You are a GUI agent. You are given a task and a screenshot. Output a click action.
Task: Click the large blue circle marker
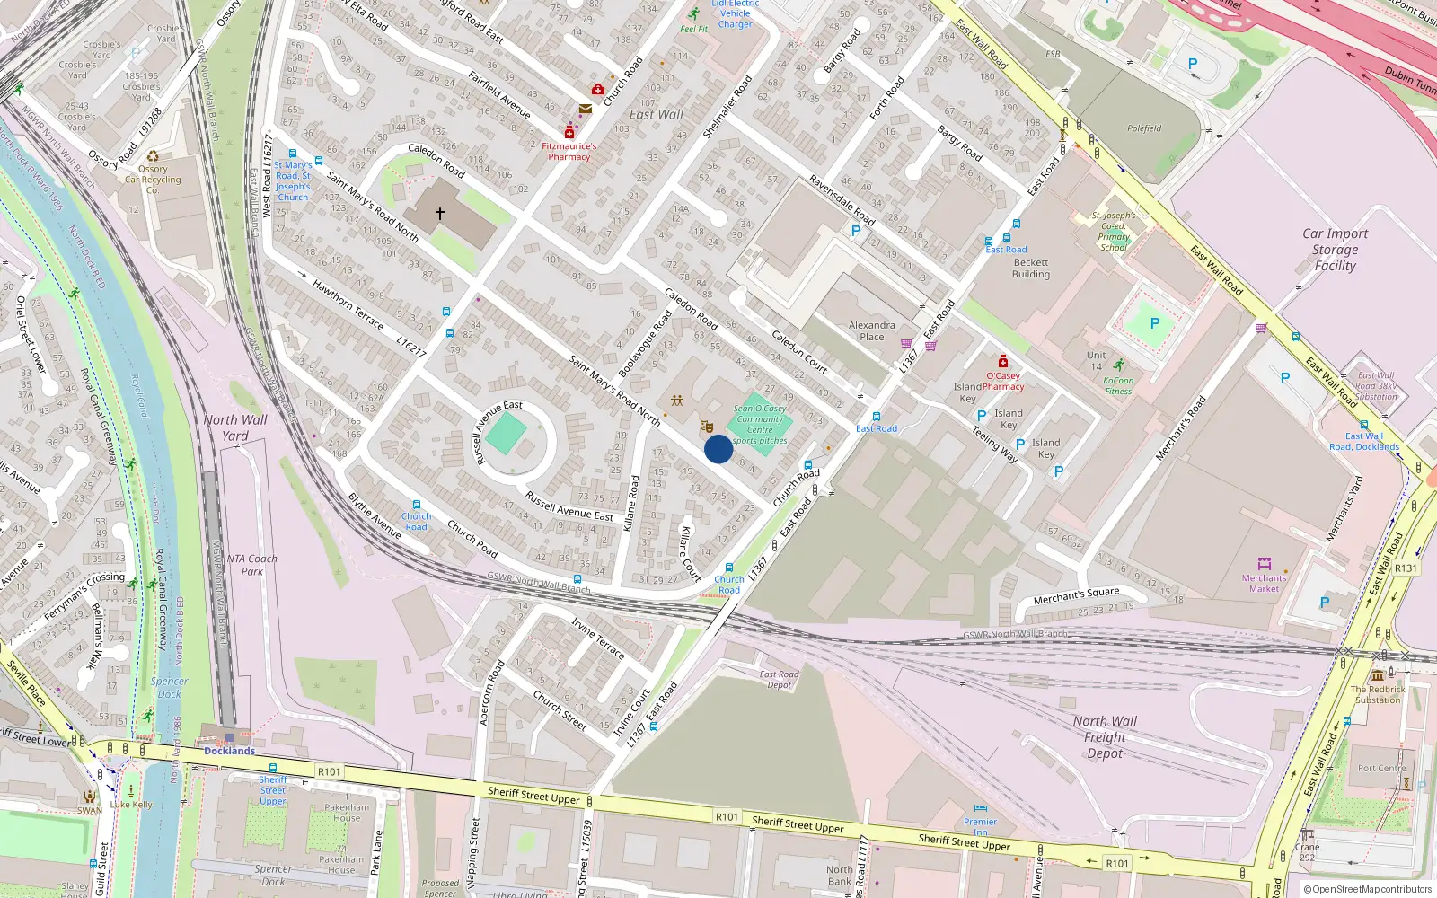718,449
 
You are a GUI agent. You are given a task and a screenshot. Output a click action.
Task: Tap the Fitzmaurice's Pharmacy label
569,151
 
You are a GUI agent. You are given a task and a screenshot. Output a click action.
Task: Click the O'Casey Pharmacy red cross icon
1003,362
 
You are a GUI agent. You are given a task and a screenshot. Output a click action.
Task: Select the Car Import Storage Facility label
1335,249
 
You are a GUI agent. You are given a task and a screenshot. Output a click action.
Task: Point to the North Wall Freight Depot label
1105,736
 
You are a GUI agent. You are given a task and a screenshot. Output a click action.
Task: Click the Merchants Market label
1264,584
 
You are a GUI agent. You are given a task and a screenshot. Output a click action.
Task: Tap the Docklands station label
229,751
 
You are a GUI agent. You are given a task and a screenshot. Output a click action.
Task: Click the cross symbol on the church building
440,214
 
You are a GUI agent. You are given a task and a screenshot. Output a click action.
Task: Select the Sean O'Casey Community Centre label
760,424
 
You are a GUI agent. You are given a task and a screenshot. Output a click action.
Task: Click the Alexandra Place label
871,330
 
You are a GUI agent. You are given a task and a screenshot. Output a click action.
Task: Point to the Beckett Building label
1030,269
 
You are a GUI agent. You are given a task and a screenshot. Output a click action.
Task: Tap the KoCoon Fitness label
1118,385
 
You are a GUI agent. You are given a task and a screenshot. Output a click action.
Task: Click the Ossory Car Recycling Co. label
153,179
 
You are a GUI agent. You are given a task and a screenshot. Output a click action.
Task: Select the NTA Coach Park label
251,564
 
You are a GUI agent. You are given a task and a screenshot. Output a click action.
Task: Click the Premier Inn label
980,826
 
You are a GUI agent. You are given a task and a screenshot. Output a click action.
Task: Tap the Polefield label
1144,128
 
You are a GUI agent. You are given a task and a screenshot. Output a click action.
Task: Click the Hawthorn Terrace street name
348,304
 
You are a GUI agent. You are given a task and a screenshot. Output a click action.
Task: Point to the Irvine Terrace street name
597,638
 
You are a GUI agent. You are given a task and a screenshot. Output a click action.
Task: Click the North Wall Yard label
235,427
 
